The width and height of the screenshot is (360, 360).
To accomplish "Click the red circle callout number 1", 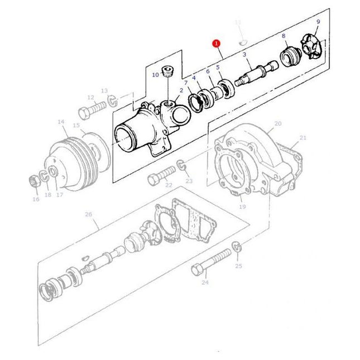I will (x=216, y=43).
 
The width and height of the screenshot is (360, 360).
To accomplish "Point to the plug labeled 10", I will (x=166, y=72).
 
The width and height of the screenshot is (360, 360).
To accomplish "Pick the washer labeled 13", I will (x=112, y=100).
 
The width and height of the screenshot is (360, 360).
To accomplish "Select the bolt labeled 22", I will (x=158, y=178).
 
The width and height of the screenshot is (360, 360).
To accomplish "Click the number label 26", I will (x=88, y=214).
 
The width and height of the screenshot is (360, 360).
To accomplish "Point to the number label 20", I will (x=277, y=123).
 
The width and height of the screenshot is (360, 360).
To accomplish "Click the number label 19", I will (x=242, y=207).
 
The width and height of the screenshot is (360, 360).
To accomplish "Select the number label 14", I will (x=60, y=121).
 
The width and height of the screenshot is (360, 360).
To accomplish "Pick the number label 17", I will (x=59, y=195).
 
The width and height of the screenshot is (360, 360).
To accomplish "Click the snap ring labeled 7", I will (x=197, y=103).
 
